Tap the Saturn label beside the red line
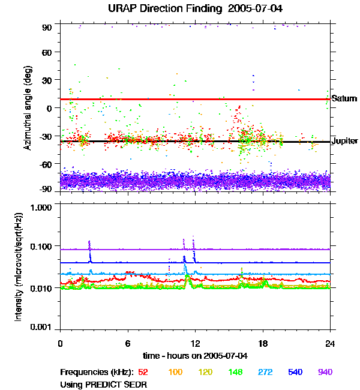[x=344, y=98]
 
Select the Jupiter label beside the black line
[x=344, y=141]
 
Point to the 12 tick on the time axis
[x=195, y=344]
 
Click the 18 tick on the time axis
[x=263, y=344]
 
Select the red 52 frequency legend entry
[x=143, y=372]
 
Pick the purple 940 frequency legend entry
[x=325, y=372]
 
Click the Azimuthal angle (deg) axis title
[x=28, y=107]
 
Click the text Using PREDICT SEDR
[x=104, y=383]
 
